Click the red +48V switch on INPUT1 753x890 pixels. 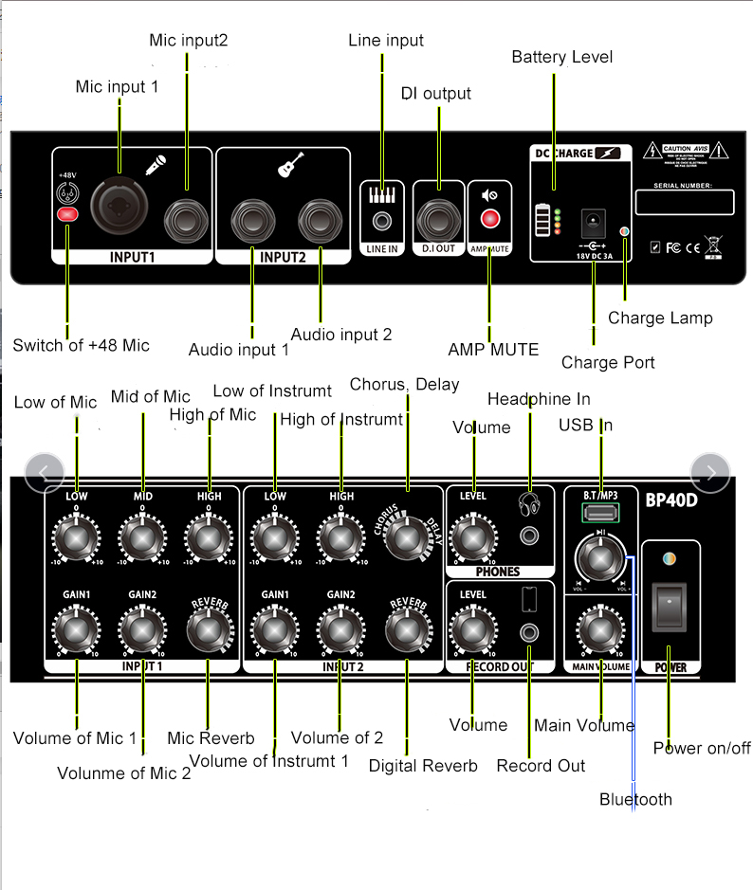tap(67, 215)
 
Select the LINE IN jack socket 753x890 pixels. tap(382, 222)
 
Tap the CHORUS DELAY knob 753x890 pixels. tap(409, 537)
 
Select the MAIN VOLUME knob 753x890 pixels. tap(596, 626)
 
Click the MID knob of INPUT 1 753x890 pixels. tap(142, 538)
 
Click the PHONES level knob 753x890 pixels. tap(472, 538)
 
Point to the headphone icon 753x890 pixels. tap(528, 502)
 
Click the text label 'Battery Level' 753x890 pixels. tap(562, 57)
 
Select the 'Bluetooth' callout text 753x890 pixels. tap(635, 799)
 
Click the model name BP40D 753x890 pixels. tap(671, 499)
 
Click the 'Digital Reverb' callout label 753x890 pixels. tap(423, 765)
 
